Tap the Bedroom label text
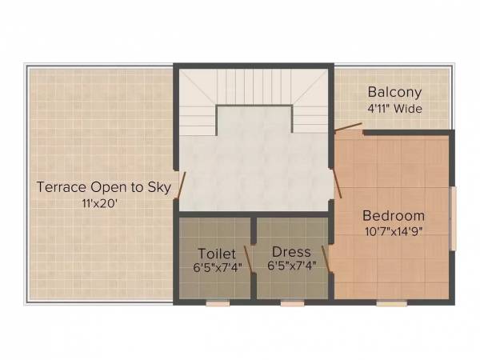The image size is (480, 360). [394, 216]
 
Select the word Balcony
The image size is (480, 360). [394, 92]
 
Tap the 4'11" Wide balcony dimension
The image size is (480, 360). [394, 108]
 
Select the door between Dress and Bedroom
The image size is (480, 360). [326, 259]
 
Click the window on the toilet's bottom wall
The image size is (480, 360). [217, 303]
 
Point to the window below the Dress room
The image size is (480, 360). [292, 303]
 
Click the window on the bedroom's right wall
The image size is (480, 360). [453, 218]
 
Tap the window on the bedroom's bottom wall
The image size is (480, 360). [392, 303]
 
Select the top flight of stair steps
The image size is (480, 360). [252, 85]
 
